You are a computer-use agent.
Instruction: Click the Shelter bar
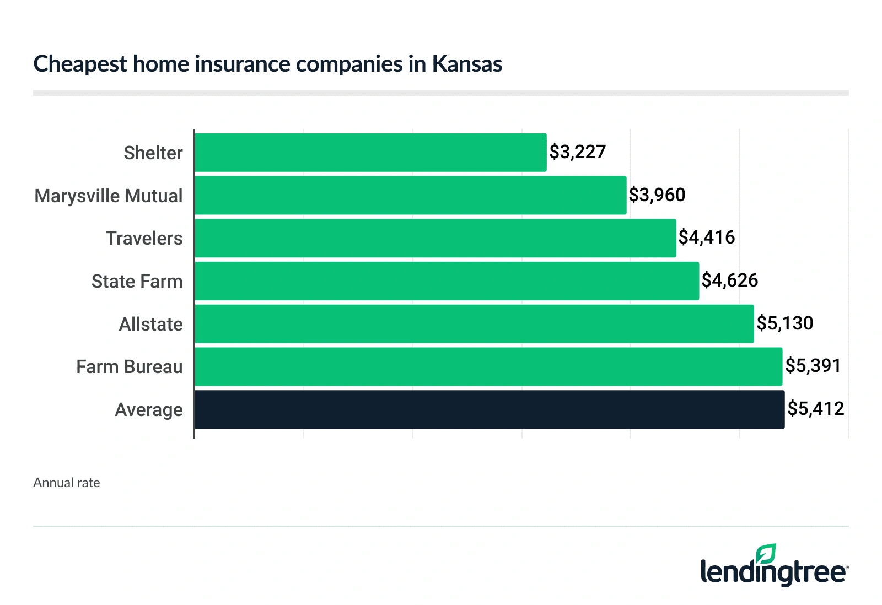(370, 153)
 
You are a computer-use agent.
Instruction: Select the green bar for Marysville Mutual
(411, 196)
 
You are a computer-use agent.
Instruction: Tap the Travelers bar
(435, 238)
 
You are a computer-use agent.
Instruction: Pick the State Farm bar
(447, 281)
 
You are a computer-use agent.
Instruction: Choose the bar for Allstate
(474, 324)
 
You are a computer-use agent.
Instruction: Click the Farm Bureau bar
(488, 366)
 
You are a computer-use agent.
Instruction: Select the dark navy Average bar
(490, 409)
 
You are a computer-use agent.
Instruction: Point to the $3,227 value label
(577, 152)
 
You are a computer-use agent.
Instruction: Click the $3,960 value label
(657, 195)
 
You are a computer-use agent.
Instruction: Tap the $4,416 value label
(707, 237)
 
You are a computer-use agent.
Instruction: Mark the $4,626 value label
(730, 280)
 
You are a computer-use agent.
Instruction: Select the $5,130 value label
(785, 323)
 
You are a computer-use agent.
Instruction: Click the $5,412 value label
(816, 409)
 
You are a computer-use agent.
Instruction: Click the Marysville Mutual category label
(109, 196)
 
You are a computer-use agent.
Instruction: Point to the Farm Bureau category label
(130, 367)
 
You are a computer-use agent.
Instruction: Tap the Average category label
(149, 410)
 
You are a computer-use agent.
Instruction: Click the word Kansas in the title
(467, 64)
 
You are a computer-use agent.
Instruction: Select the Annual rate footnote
(67, 483)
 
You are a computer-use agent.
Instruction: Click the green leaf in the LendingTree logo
(766, 554)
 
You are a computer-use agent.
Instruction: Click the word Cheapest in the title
(80, 65)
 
